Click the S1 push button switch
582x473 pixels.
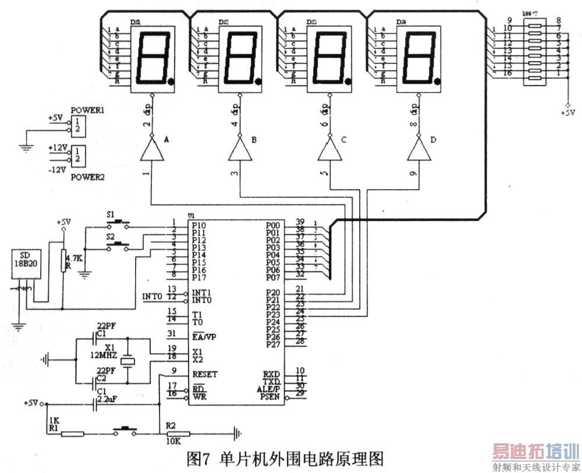point(119,222)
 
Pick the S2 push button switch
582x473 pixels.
point(119,244)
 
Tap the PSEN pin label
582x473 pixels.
point(272,397)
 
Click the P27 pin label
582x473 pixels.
point(272,344)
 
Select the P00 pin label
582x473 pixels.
point(272,225)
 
